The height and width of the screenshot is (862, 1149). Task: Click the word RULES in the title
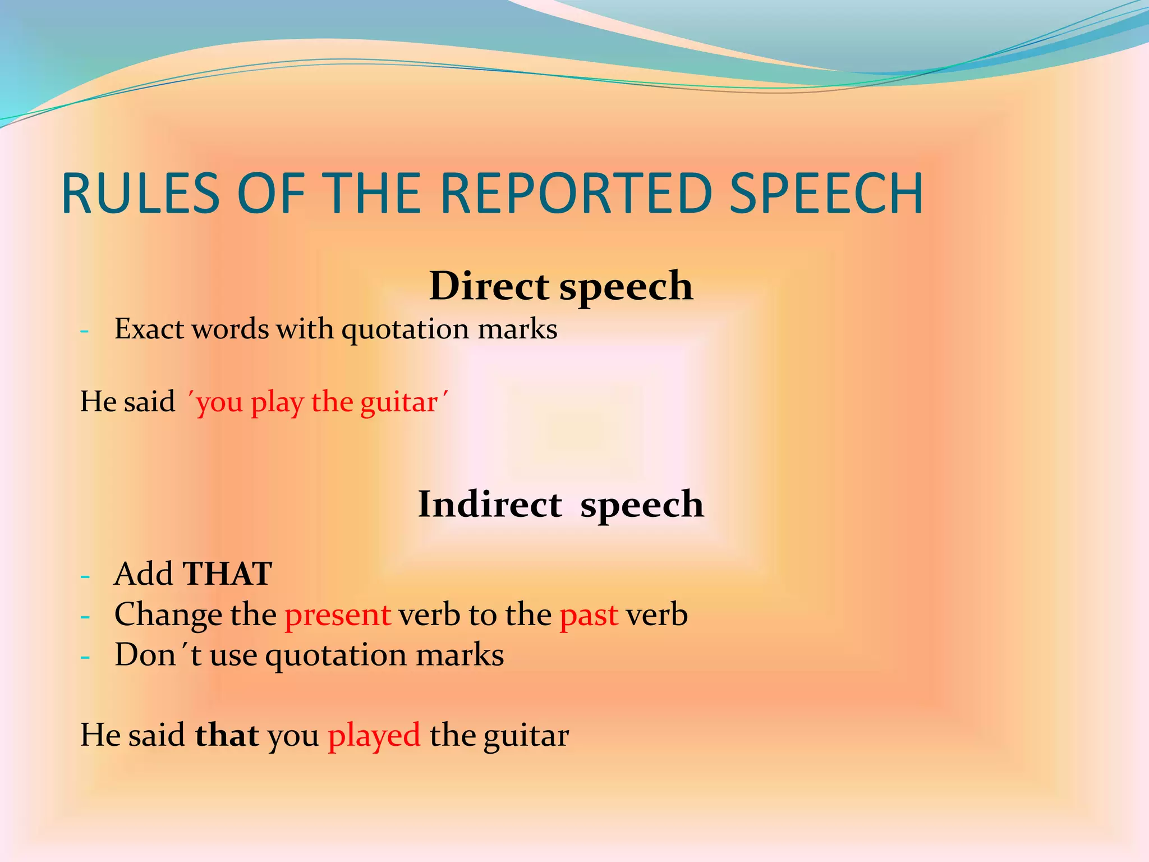pyautogui.click(x=140, y=194)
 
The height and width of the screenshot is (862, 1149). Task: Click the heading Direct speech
pyautogui.click(x=560, y=286)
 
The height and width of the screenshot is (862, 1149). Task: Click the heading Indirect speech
pyautogui.click(x=560, y=504)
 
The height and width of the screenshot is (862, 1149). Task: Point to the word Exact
pyautogui.click(x=149, y=329)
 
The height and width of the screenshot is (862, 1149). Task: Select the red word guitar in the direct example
pyautogui.click(x=398, y=403)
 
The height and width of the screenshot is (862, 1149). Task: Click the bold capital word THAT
pyautogui.click(x=227, y=574)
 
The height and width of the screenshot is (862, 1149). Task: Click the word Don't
pyautogui.click(x=158, y=655)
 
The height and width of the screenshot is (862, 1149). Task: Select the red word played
pyautogui.click(x=374, y=736)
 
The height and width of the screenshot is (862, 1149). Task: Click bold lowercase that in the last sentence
pyautogui.click(x=227, y=736)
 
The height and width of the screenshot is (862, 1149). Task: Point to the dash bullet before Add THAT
pyautogui.click(x=85, y=576)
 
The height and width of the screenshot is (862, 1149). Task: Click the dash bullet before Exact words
pyautogui.click(x=85, y=331)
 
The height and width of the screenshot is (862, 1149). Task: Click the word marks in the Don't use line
pyautogui.click(x=459, y=655)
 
